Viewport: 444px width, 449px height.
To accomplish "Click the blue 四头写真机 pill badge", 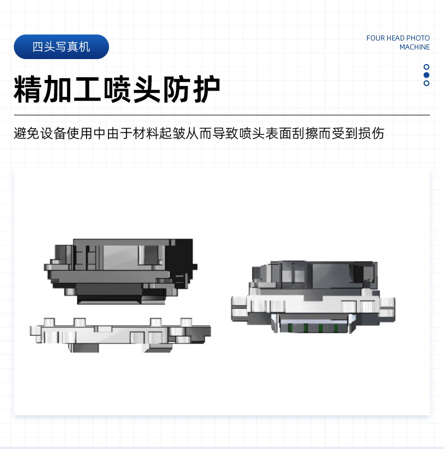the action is point(61,47).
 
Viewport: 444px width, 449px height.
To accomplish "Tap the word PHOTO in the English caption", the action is point(418,38).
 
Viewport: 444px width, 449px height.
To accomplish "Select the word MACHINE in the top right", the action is point(415,47).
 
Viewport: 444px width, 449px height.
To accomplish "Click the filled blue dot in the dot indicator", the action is point(426,75).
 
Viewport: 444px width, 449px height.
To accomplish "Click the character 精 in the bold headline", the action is point(28,89).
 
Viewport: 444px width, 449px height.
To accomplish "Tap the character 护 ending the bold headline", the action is point(207,89).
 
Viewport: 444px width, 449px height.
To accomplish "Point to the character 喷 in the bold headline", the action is point(117,89).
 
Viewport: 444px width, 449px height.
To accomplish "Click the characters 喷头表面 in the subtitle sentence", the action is point(265,133).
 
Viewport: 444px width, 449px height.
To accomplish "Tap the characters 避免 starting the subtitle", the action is point(26,133).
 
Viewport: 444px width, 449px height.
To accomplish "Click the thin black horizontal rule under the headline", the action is point(221,115).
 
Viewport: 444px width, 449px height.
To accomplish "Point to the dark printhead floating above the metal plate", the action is point(120,271).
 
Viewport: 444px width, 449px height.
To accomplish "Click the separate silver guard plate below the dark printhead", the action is point(120,335).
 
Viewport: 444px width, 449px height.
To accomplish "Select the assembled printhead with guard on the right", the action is point(313,297).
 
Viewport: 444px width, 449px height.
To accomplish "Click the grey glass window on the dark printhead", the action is point(120,257).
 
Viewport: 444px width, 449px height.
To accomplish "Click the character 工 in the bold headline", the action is point(88,89).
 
